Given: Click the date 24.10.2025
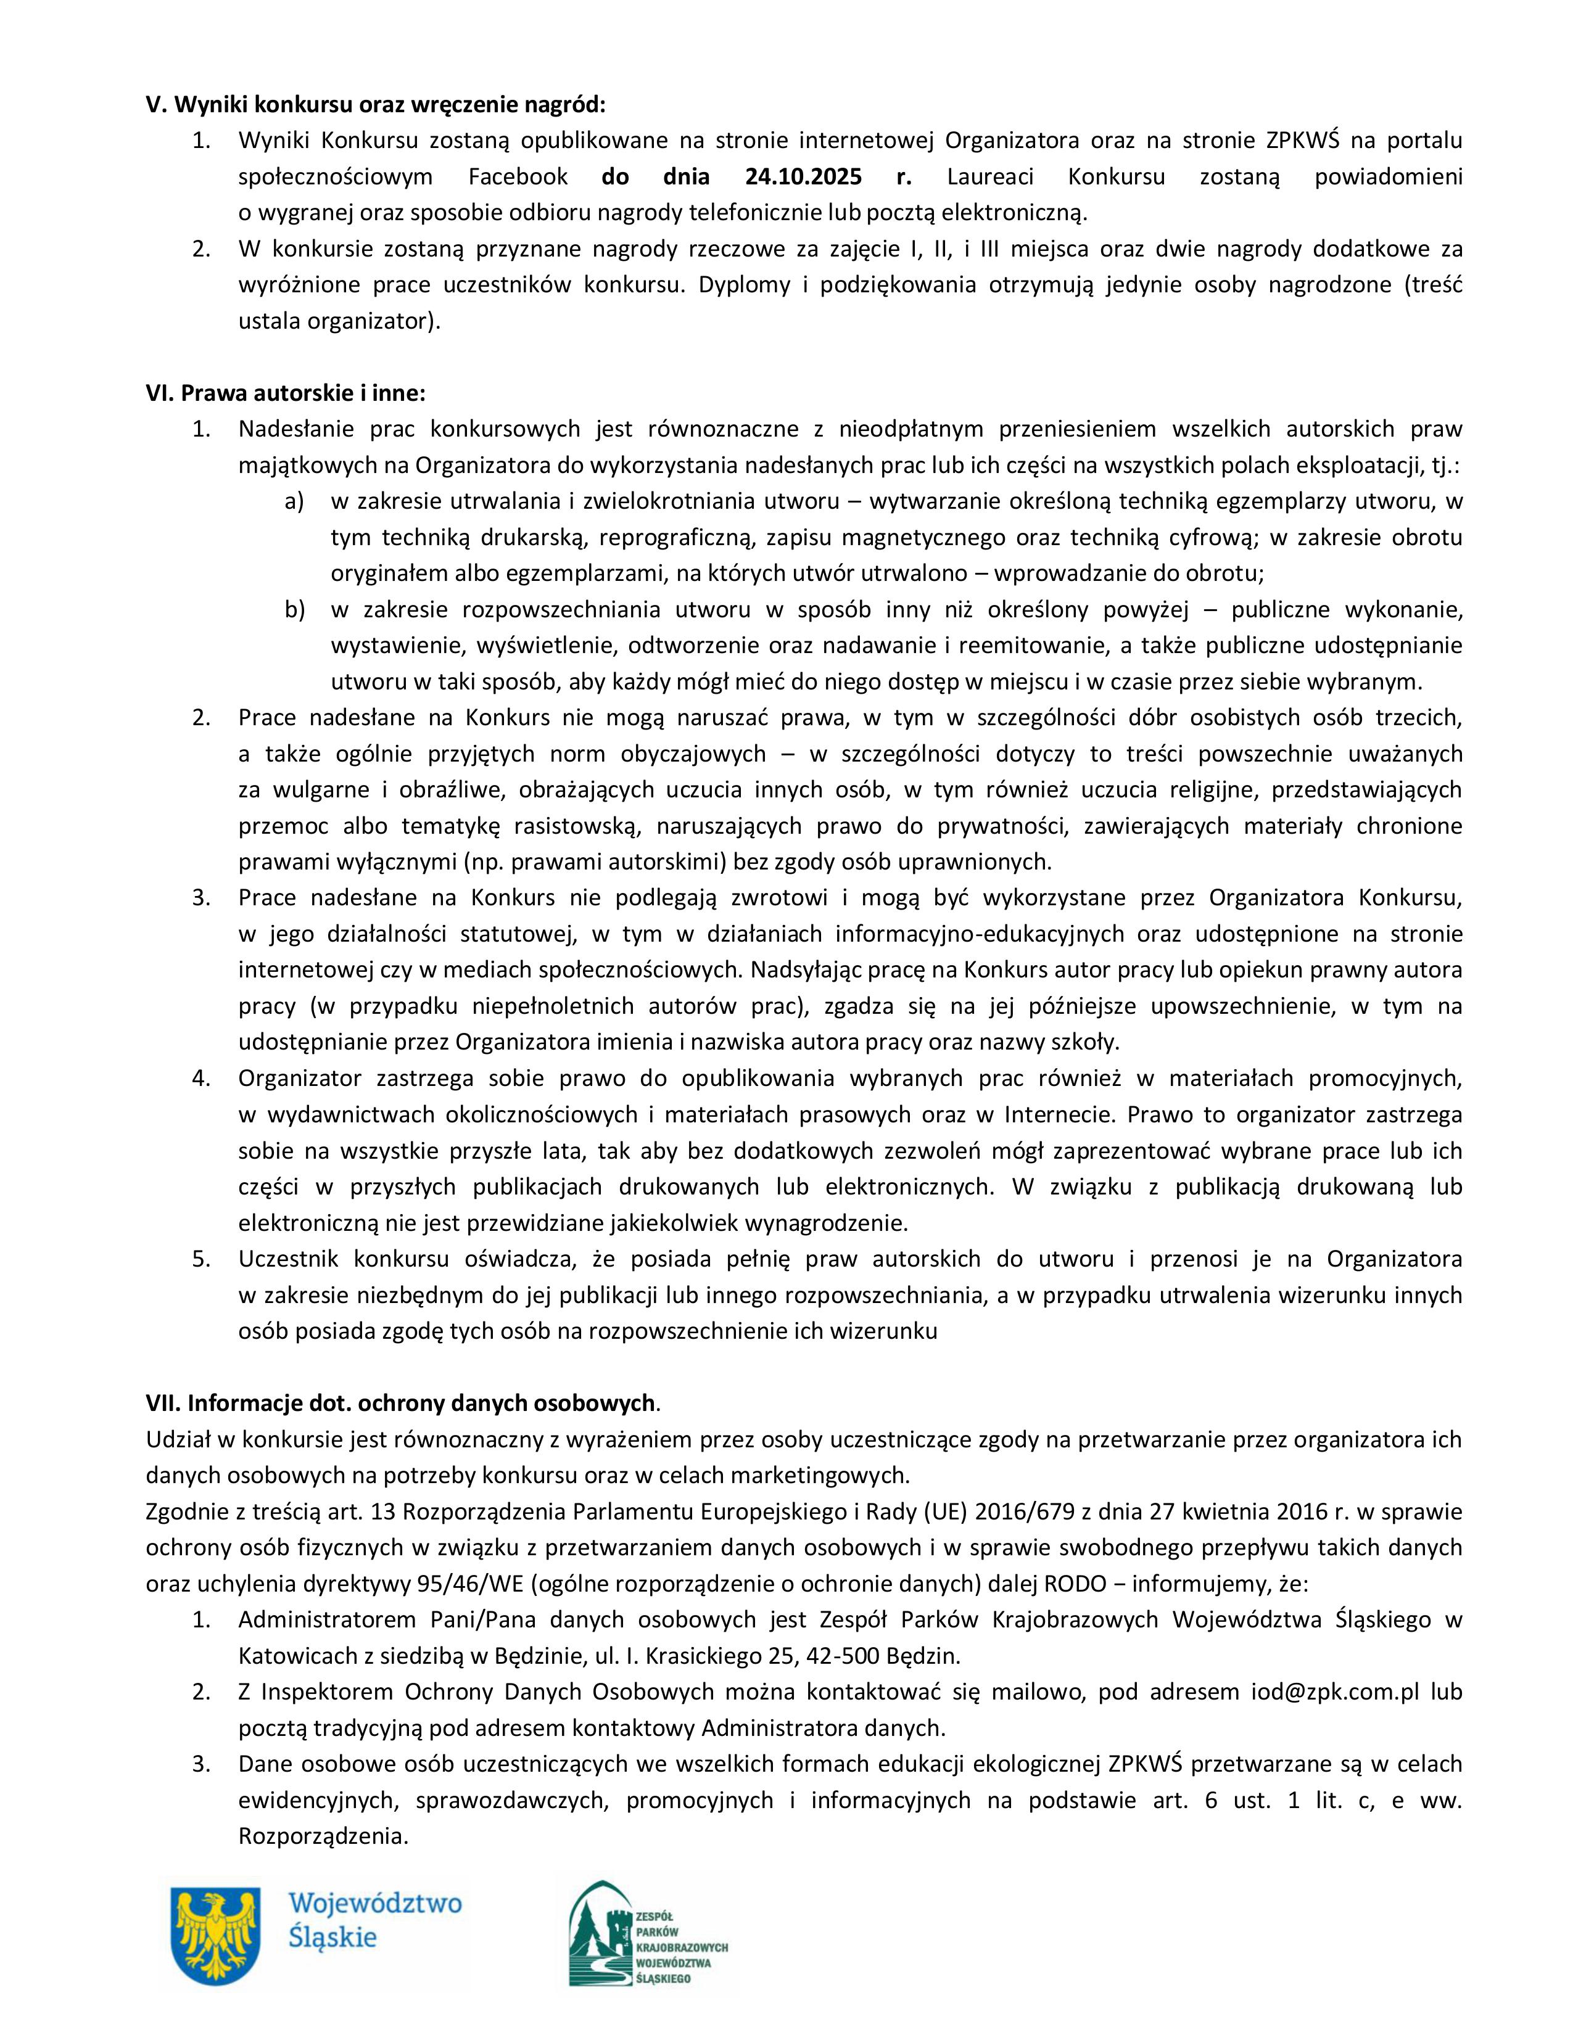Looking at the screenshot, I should point(804,176).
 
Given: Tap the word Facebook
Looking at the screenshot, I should point(518,176).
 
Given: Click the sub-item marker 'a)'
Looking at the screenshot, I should point(294,501).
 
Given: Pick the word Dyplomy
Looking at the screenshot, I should point(744,284).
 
